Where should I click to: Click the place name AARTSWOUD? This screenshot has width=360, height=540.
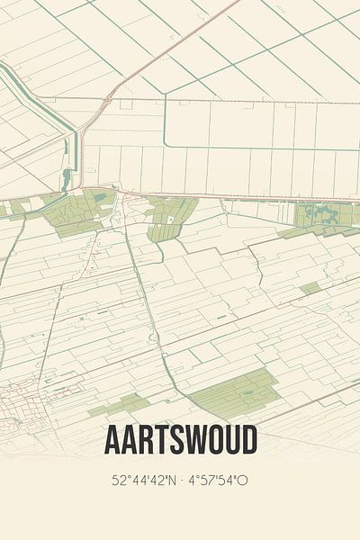(180, 440)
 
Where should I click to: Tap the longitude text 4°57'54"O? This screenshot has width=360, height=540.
(219, 481)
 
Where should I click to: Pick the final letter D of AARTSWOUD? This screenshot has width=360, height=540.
(247, 440)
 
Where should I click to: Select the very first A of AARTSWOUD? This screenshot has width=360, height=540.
(114, 440)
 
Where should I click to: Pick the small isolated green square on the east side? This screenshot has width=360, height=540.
(310, 288)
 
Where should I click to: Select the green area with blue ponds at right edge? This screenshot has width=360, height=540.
(324, 216)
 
